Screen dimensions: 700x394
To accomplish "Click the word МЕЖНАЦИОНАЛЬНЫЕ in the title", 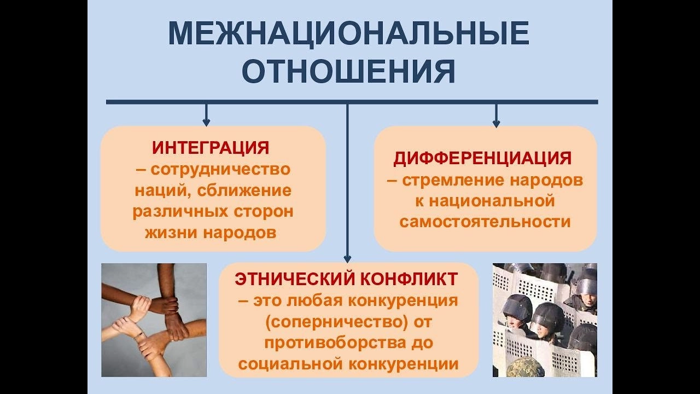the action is (348, 34).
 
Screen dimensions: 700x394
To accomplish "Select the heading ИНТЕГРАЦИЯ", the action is (211, 148).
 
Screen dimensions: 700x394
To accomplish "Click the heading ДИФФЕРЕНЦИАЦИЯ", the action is (482, 158).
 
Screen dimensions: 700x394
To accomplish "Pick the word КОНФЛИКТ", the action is (410, 279).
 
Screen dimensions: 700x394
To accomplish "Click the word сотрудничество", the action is (220, 170).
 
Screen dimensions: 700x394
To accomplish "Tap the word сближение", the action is (244, 191).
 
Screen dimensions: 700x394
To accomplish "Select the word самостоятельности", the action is (485, 222).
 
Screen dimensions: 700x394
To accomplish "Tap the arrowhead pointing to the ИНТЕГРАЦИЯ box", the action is (206, 122).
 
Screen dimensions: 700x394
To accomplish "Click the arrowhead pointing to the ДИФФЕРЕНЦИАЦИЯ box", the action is (496, 123).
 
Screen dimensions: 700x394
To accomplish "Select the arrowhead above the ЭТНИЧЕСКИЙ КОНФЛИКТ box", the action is (347, 259).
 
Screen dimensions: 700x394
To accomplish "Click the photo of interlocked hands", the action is (154, 320).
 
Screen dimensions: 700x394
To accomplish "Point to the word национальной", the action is (492, 201).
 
